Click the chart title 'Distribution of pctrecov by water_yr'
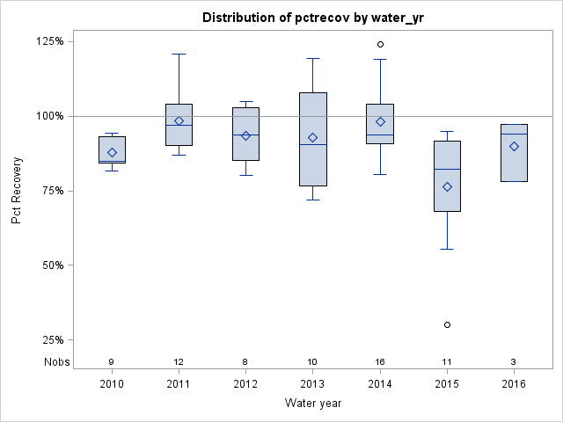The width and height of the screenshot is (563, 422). tap(313, 18)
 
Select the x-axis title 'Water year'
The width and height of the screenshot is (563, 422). tap(313, 404)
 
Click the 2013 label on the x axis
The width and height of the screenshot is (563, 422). tap(313, 384)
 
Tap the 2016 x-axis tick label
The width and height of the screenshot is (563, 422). tap(514, 384)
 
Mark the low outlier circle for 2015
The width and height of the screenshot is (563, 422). tap(447, 324)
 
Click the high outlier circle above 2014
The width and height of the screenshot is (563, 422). tap(380, 44)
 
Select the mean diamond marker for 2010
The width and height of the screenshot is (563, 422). tap(112, 153)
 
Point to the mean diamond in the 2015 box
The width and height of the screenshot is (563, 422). tap(447, 186)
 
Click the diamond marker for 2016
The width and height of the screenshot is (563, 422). tap(514, 146)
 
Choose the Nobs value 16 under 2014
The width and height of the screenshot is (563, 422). tap(380, 361)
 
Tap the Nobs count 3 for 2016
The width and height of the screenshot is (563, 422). tap(514, 361)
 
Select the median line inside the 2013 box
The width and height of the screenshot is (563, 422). tap(313, 144)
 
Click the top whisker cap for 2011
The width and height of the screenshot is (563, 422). tap(179, 54)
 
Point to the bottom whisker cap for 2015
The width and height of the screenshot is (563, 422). tap(447, 249)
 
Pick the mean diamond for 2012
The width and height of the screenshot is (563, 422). tap(246, 135)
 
